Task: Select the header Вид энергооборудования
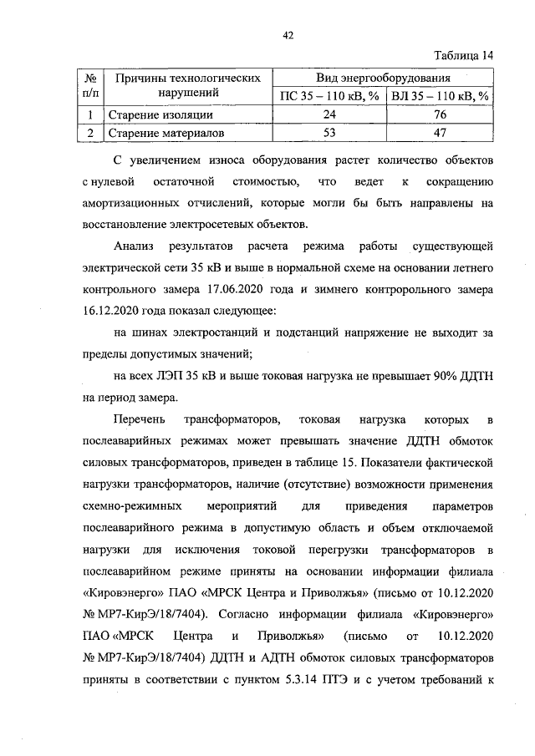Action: coord(384,77)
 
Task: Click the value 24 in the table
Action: coord(329,114)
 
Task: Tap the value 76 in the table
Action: coord(441,114)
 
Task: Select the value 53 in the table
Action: coord(329,132)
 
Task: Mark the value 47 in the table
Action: coord(441,132)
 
